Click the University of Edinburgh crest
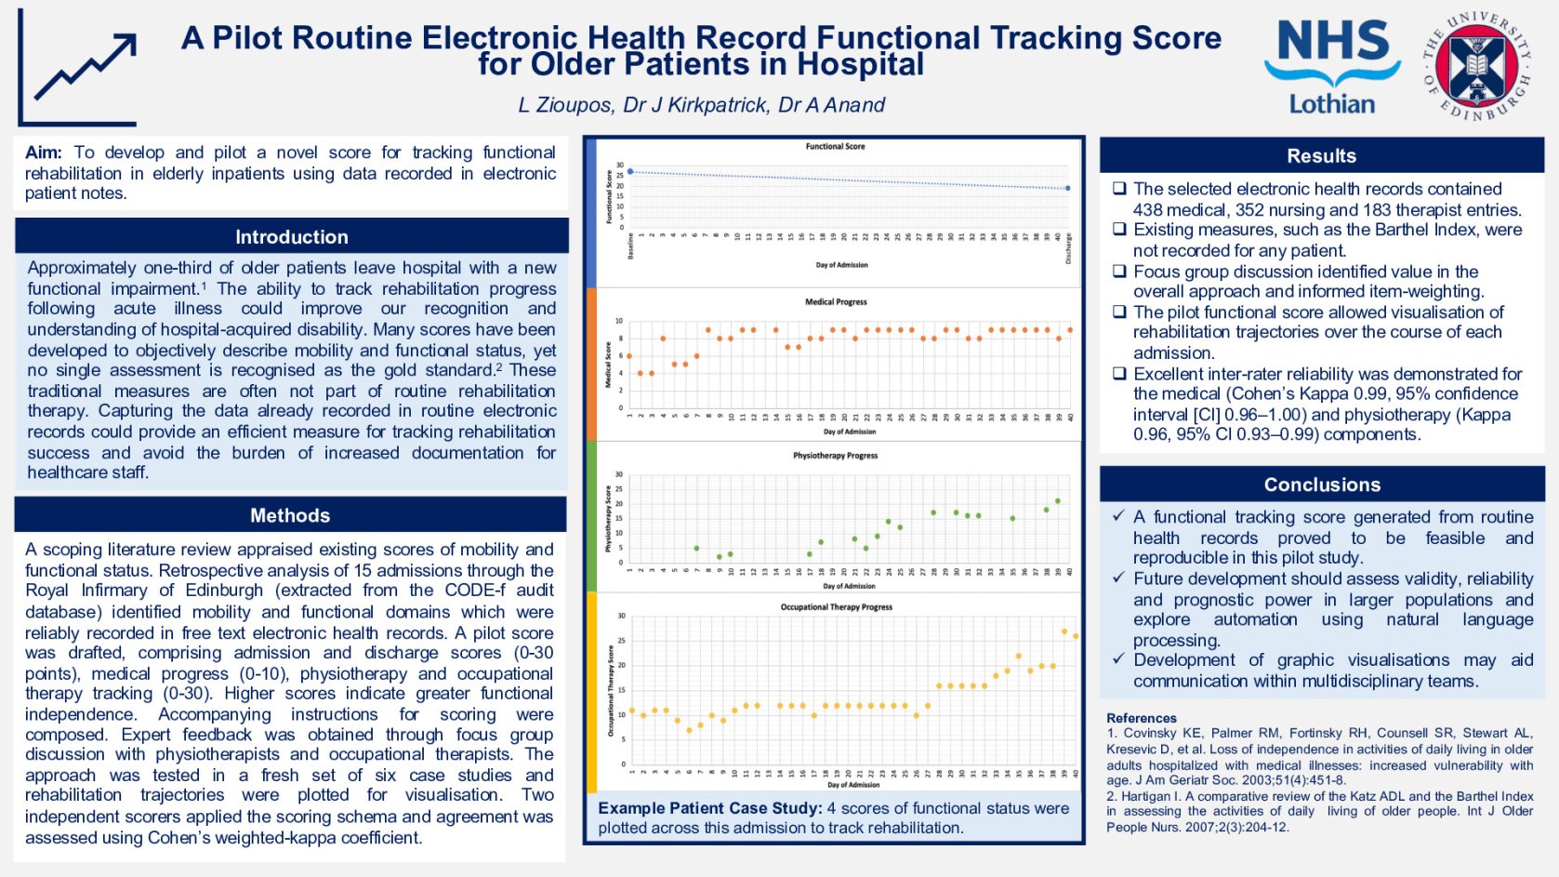click(1476, 66)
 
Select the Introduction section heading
click(291, 237)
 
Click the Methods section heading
click(290, 515)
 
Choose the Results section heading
click(1321, 156)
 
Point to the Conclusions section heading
click(1321, 485)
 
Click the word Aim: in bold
click(44, 153)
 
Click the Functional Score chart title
click(835, 147)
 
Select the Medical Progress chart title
click(836, 302)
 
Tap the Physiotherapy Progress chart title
click(835, 456)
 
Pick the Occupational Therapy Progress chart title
click(836, 607)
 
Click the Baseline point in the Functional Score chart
click(630, 172)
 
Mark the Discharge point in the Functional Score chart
click(1067, 188)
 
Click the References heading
click(1141, 718)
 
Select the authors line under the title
click(701, 105)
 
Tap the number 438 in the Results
click(1147, 210)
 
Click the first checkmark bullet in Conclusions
click(1118, 516)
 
